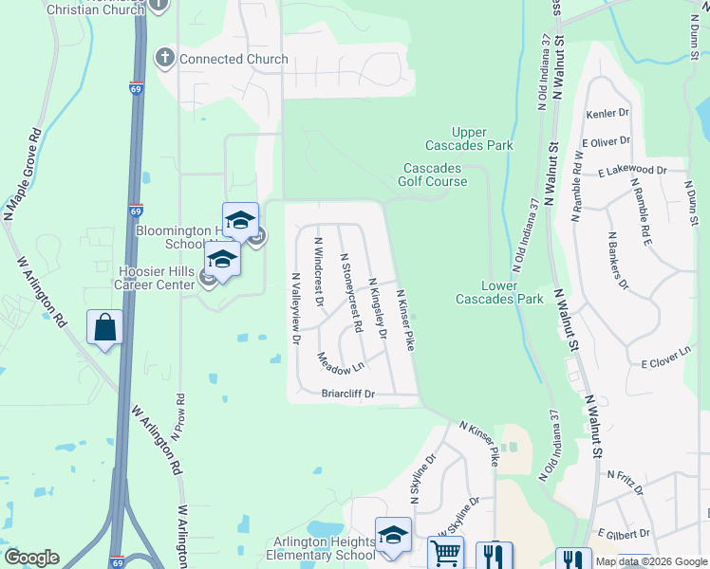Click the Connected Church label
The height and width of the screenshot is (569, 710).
coord(234,59)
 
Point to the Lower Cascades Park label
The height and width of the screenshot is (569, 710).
coord(498,292)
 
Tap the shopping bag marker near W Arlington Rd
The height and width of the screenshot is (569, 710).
coord(105,328)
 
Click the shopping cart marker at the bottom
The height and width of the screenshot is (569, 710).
coord(444,553)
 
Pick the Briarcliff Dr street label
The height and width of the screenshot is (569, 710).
coord(348,394)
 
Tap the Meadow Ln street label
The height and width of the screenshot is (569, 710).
coord(341,362)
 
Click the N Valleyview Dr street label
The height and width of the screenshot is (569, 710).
coord(296,307)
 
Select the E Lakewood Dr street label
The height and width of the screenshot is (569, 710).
coord(632,171)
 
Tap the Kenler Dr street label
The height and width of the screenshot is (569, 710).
coord(608,113)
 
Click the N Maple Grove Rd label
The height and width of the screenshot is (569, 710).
coord(23,176)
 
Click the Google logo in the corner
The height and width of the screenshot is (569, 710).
coord(31,558)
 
